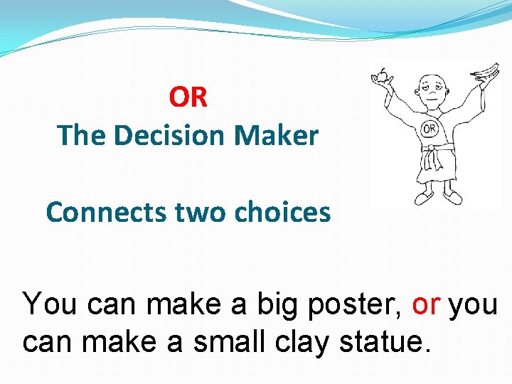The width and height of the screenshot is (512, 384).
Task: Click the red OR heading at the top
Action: pyautogui.click(x=188, y=97)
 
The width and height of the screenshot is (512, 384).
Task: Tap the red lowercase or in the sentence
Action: pyautogui.click(x=426, y=304)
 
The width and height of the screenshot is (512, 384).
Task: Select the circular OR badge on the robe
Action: pyautogui.click(x=430, y=129)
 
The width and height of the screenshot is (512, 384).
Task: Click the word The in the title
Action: pyautogui.click(x=80, y=134)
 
